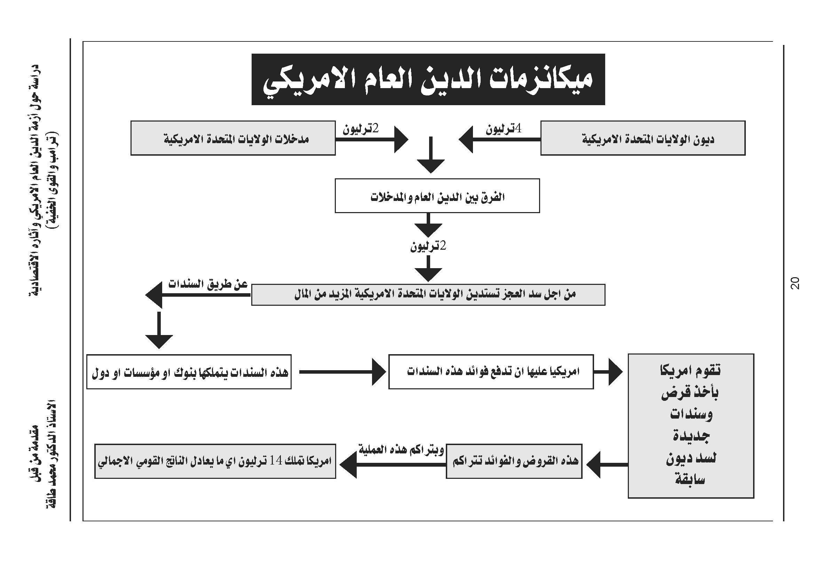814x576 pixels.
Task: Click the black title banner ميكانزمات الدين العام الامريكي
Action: pyautogui.click(x=428, y=79)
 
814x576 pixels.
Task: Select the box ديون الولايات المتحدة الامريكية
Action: pyautogui.click(x=642, y=138)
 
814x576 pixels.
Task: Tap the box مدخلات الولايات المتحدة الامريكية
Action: pyautogui.click(x=233, y=138)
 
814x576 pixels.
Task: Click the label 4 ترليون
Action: pyautogui.click(x=504, y=129)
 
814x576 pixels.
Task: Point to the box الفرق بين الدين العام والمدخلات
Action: pyautogui.click(x=437, y=196)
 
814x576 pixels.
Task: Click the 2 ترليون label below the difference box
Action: pyautogui.click(x=428, y=246)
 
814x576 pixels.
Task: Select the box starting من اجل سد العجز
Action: pyautogui.click(x=428, y=294)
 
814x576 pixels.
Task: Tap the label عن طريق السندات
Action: pyautogui.click(x=208, y=285)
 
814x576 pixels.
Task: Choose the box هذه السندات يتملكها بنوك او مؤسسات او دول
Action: pyautogui.click(x=189, y=372)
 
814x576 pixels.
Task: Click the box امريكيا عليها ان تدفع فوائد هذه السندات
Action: pyautogui.click(x=491, y=372)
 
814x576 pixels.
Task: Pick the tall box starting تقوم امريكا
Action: pyautogui.click(x=690, y=426)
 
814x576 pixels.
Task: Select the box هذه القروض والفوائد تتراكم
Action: pyautogui.click(x=514, y=461)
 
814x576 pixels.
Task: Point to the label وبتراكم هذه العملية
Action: pyautogui.click(x=401, y=450)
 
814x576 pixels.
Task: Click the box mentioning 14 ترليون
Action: pyautogui.click(x=215, y=461)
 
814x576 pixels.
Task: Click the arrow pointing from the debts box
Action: pyautogui.click(x=498, y=139)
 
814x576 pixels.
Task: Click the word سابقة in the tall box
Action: pyautogui.click(x=690, y=480)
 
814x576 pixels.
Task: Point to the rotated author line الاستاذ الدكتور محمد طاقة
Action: pyautogui.click(x=52, y=454)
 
